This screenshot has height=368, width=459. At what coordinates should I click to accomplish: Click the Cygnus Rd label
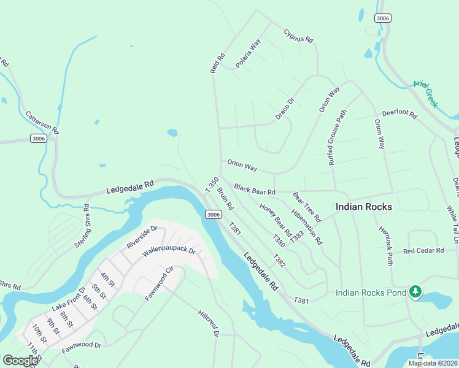click(299, 36)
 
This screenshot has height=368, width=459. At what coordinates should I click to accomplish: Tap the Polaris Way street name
click(248, 53)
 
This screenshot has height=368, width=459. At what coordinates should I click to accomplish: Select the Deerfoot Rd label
click(399, 114)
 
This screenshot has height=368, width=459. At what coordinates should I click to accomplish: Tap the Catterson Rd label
click(42, 123)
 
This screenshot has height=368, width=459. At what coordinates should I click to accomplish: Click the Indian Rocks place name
click(364, 207)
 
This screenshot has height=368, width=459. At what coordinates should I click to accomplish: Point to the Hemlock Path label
click(385, 248)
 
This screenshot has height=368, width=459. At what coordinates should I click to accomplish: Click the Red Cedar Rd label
click(423, 251)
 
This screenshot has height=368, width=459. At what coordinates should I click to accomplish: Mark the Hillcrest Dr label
click(209, 323)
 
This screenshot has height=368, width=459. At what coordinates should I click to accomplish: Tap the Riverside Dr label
click(142, 237)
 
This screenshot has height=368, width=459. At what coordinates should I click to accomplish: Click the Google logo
click(20, 361)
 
